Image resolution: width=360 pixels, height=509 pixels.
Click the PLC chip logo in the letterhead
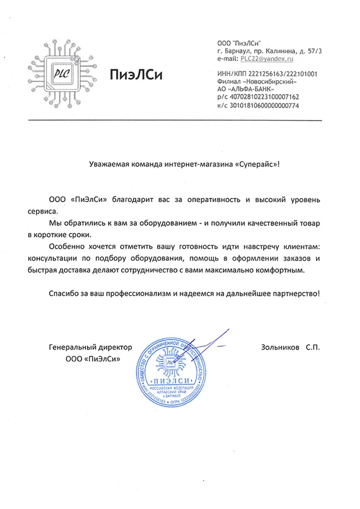click(61, 75)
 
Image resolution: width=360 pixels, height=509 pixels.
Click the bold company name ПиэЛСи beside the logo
click(136, 75)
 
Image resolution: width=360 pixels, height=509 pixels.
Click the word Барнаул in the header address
click(235, 50)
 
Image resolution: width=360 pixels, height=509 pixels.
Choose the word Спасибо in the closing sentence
click(64, 293)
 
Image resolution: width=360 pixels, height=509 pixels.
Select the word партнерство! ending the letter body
click(296, 293)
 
